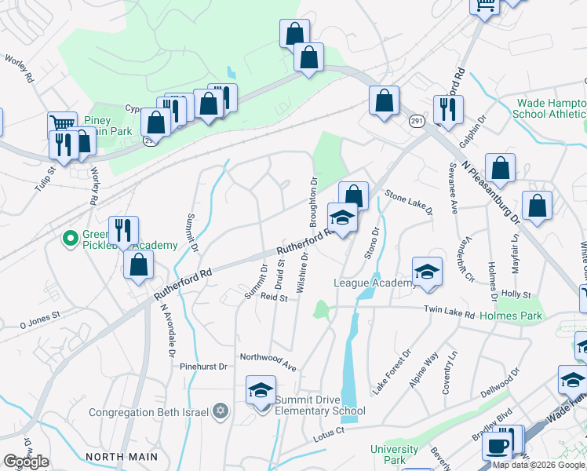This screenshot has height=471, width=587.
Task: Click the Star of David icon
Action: (221, 411)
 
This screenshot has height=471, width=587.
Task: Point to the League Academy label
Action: (375, 283)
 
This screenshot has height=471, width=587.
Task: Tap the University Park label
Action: (395, 455)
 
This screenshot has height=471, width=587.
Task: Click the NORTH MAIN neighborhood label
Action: (122, 456)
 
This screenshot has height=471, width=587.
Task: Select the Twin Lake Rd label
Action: (450, 314)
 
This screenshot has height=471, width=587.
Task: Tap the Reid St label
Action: (275, 297)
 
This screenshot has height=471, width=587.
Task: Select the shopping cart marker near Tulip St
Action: (61, 124)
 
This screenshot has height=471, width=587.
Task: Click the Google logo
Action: (26, 462)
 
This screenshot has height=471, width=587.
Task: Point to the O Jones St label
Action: (31, 317)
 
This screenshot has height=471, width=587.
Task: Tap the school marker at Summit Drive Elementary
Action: (261, 390)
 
